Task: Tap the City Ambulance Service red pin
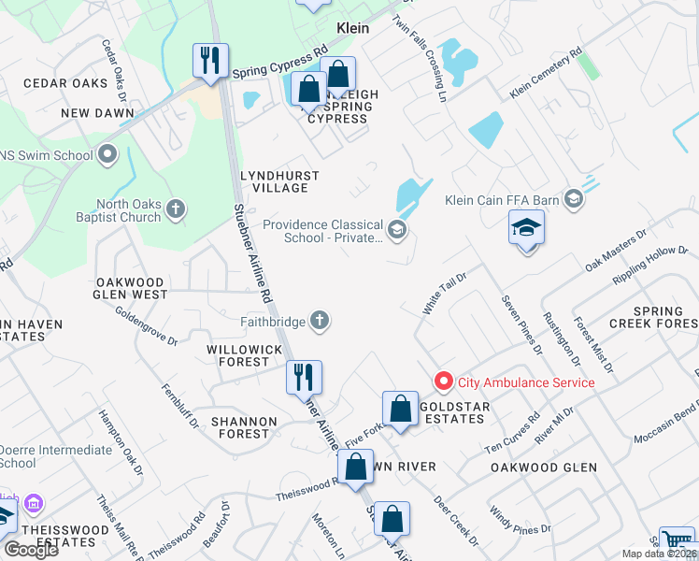point(443,381)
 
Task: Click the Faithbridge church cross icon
point(320,322)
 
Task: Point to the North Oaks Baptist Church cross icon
point(176,210)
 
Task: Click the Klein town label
point(352,28)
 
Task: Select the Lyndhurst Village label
point(279,181)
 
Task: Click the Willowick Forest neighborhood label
point(237,355)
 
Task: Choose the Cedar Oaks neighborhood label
point(65,83)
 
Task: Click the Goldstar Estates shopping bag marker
point(400,410)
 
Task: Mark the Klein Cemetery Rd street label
point(546,75)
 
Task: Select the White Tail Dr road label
point(444,288)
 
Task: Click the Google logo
point(31,550)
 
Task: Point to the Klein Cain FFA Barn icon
point(573,197)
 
